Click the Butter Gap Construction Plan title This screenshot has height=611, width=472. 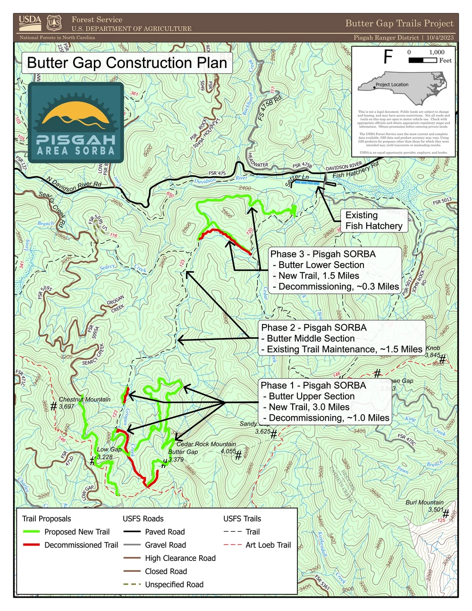point(127,63)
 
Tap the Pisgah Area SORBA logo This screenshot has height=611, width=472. point(76,123)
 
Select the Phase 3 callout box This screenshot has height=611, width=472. point(335,270)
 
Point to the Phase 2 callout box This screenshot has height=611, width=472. point(342,339)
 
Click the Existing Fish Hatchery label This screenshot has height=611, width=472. point(373,221)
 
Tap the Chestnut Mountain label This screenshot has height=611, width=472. point(84,399)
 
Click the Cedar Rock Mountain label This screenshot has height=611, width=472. point(206,444)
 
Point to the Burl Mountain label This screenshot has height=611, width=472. point(424,502)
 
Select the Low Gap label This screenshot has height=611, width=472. point(109,450)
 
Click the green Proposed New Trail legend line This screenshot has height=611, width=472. point(31,532)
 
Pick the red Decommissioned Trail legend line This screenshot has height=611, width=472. point(31,545)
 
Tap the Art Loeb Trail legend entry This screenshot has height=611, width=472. point(268,545)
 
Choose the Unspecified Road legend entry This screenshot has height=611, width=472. point(174,585)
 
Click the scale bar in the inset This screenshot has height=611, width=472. point(422,60)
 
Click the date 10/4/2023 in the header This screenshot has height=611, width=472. point(439,37)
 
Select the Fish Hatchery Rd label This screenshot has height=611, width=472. point(355,170)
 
